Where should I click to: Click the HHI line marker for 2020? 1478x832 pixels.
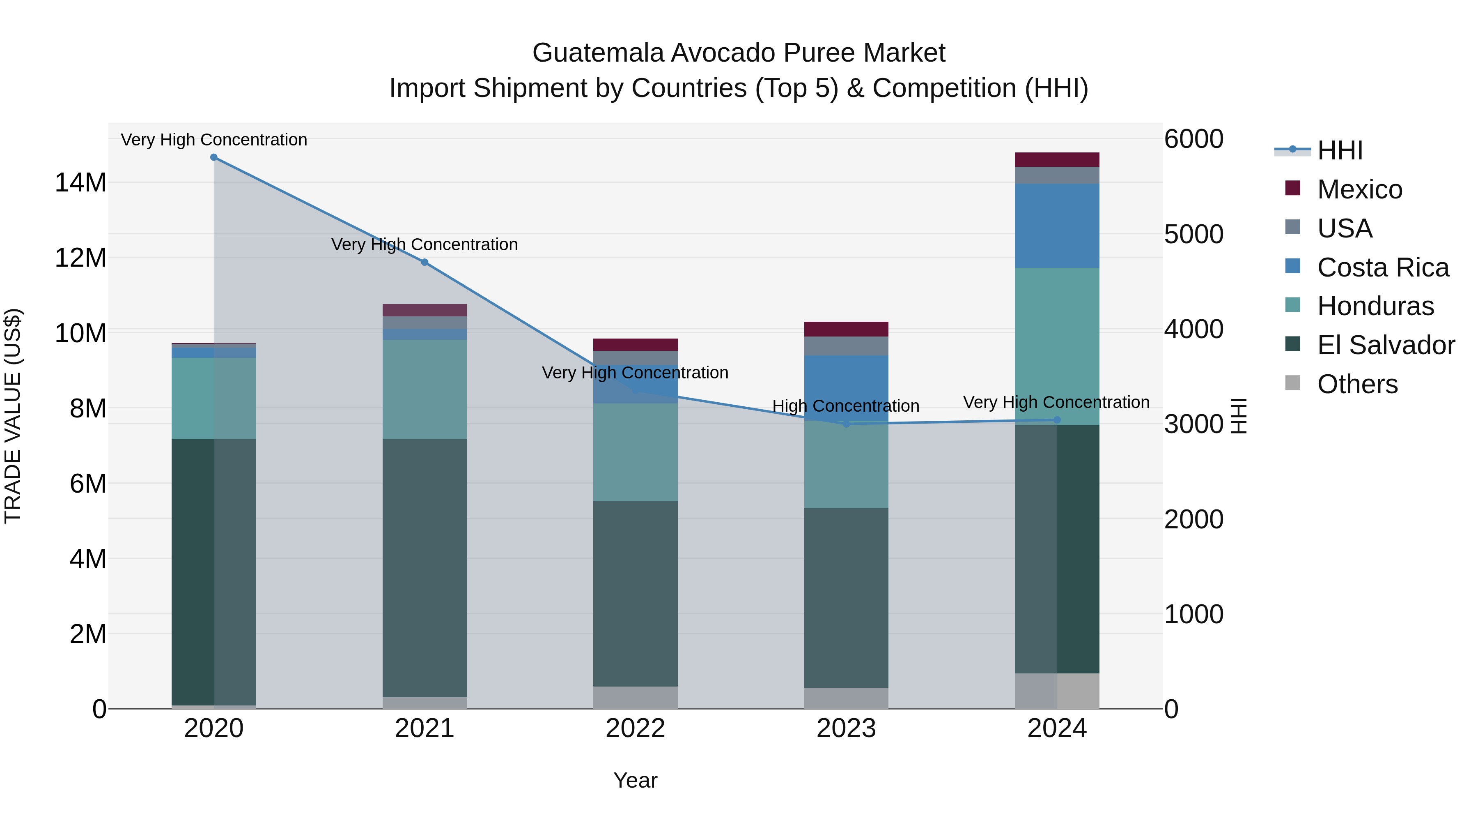point(213,157)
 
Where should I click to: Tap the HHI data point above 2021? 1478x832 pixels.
point(425,263)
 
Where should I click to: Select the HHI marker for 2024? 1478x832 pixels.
point(1058,420)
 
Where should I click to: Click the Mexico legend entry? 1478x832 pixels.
point(1359,189)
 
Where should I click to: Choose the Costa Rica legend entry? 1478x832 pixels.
point(1382,267)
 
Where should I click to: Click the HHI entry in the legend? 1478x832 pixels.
point(1339,150)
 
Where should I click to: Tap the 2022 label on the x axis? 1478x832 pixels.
point(635,728)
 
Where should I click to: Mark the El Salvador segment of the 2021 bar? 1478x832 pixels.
point(425,569)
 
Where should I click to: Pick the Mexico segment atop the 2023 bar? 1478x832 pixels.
point(846,329)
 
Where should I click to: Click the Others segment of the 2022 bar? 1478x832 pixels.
point(635,697)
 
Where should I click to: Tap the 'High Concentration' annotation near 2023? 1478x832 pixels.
point(846,406)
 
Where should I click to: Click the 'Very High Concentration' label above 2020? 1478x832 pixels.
point(214,140)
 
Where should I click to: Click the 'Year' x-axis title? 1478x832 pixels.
point(635,780)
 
